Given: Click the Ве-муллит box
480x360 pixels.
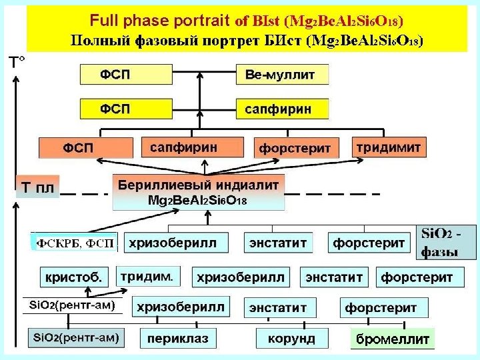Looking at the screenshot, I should coord(283,74).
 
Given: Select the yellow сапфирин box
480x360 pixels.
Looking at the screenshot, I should coord(283,108).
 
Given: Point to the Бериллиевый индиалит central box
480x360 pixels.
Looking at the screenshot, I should coord(198,191).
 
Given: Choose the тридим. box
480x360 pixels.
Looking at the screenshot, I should coord(149,275).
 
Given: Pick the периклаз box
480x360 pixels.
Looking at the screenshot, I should coord(178,339).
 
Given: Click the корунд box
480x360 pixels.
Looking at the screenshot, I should coord(291,339).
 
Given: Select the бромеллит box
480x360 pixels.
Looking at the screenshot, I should coord(393,339).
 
